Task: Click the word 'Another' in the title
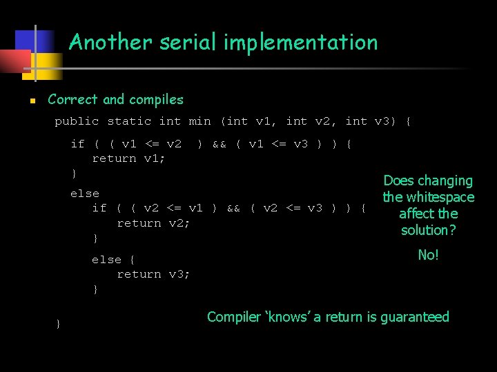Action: click(x=110, y=43)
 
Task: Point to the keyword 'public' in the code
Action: click(x=77, y=121)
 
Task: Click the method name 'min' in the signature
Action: click(x=199, y=121)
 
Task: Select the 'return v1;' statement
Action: click(x=128, y=158)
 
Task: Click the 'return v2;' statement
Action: click(x=153, y=223)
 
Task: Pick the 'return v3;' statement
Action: click(x=153, y=274)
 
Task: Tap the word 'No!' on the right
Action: click(x=428, y=255)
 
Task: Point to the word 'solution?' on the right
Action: click(x=428, y=230)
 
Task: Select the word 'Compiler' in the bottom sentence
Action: click(x=235, y=317)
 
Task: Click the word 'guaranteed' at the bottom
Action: click(x=413, y=317)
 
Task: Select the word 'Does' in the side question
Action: click(x=398, y=180)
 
